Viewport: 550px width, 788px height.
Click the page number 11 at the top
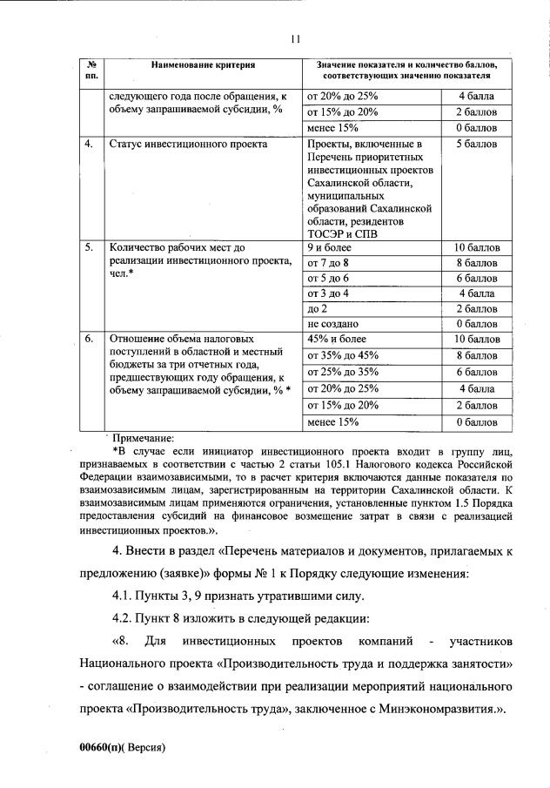[x=295, y=38]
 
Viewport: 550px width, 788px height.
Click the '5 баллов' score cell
[x=476, y=144]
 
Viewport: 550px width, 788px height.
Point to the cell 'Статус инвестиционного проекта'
[x=169, y=144]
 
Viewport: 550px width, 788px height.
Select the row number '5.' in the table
[x=90, y=247]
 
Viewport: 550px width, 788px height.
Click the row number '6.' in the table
[x=90, y=339]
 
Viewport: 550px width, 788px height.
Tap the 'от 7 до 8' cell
[x=327, y=262]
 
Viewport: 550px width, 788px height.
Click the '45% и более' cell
[x=337, y=339]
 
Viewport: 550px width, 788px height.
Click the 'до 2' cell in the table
[x=318, y=308]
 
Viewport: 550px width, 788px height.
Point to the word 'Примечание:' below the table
[x=142, y=438]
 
